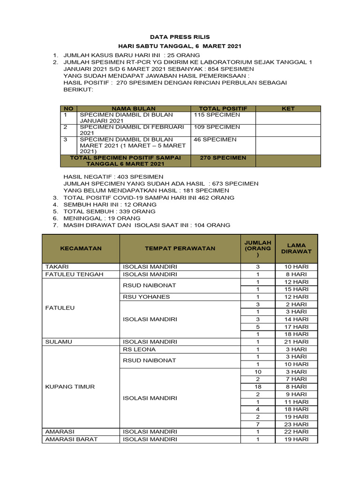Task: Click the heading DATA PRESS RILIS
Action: [180, 37]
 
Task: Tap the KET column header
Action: [288, 108]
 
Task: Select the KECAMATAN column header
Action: [81, 248]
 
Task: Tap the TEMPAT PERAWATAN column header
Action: [180, 248]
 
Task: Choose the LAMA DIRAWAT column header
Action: [296, 248]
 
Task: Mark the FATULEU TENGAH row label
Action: [74, 274]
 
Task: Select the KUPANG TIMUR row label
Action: [69, 387]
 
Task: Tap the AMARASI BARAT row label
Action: [69, 439]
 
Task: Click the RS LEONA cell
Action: [139, 349]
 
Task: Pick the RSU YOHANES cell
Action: [146, 297]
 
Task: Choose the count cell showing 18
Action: [257, 387]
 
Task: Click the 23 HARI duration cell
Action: [296, 424]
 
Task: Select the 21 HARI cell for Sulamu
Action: [296, 342]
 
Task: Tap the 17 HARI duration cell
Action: [296, 327]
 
